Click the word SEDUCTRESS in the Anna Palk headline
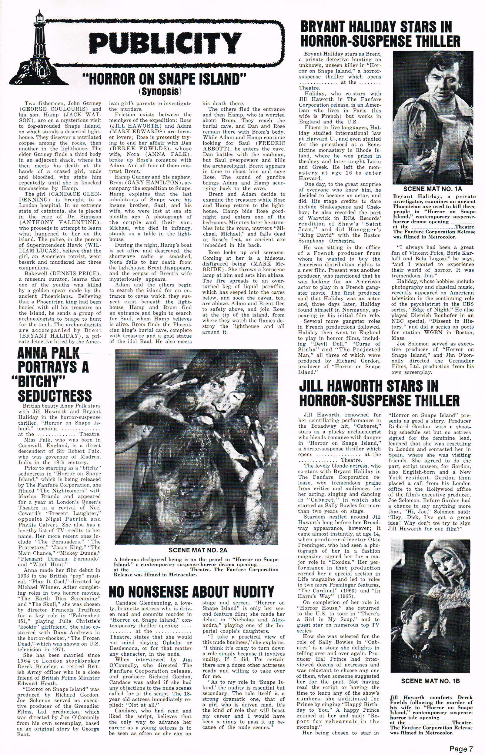55,396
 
